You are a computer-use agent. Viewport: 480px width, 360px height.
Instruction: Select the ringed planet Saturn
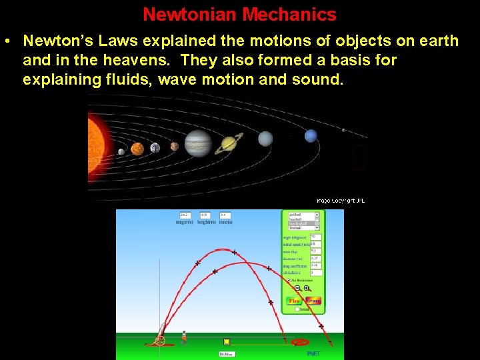[229, 142]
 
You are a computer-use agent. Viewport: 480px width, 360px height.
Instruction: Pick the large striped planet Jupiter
[197, 143]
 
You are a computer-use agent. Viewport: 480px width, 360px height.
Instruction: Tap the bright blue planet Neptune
[311, 136]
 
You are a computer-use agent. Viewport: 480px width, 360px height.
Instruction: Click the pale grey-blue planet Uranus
[265, 139]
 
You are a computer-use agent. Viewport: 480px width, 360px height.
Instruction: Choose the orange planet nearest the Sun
[137, 149]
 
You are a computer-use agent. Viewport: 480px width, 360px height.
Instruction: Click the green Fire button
[294, 301]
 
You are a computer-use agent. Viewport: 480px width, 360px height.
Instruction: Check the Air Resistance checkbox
[287, 281]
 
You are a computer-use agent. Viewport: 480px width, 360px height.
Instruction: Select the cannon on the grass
[161, 334]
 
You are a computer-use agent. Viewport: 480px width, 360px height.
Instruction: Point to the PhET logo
[313, 353]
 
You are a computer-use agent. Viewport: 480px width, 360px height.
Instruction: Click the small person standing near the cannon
[184, 336]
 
